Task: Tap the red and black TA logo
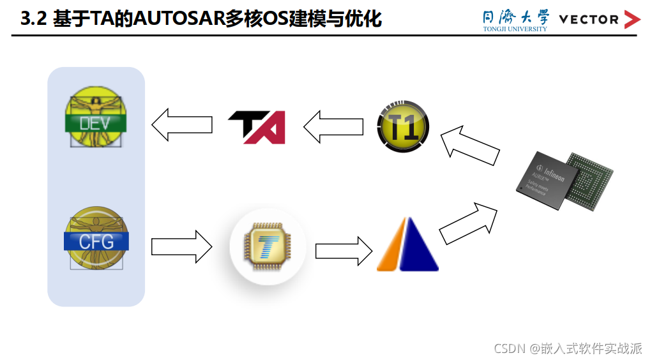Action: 256,127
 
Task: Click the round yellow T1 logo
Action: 403,127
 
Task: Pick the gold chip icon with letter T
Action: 268,246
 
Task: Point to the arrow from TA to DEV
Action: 181,124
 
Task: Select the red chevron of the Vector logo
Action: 632,20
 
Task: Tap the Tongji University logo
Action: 515,19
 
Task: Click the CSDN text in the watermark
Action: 509,349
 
